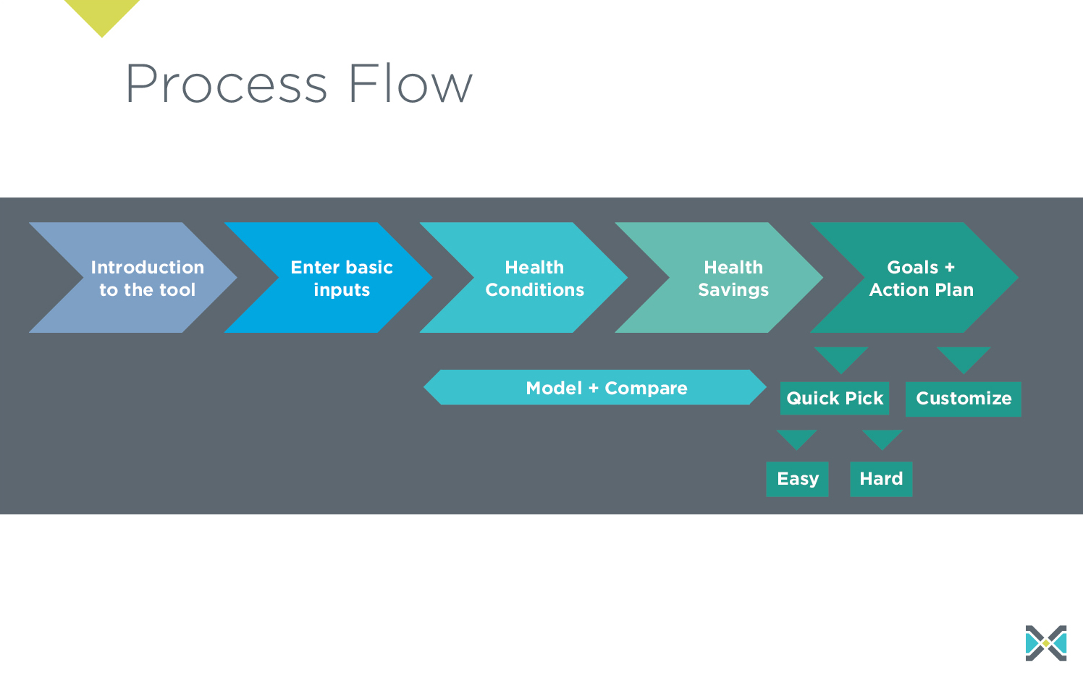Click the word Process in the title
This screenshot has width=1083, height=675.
pyautogui.click(x=226, y=84)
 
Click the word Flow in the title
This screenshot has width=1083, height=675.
pyautogui.click(x=410, y=84)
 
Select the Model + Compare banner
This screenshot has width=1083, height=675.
pyautogui.click(x=595, y=388)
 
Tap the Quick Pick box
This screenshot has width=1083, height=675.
pyautogui.click(x=835, y=399)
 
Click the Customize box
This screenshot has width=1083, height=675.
pyautogui.click(x=964, y=399)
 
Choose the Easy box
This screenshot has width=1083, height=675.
pyautogui.click(x=797, y=479)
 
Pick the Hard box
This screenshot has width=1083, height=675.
pyautogui.click(x=881, y=479)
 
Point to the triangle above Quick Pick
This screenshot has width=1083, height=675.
pyautogui.click(x=841, y=357)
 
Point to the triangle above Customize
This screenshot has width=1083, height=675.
pyautogui.click(x=964, y=357)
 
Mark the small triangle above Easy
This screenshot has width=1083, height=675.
pyautogui.click(x=796, y=438)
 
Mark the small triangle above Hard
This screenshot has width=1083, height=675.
pyautogui.click(x=882, y=438)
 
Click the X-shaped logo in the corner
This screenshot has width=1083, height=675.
pyautogui.click(x=1046, y=643)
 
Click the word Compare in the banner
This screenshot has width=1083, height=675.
pyautogui.click(x=646, y=389)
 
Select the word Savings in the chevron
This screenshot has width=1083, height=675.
pyautogui.click(x=733, y=290)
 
